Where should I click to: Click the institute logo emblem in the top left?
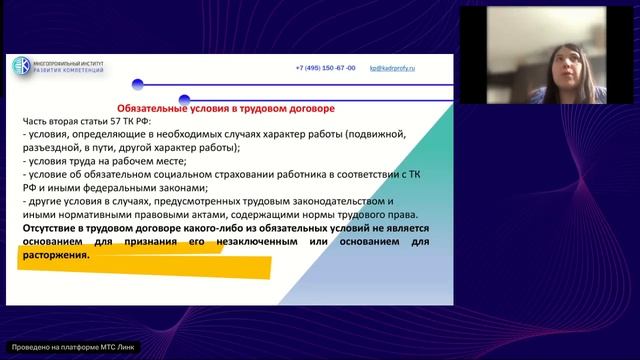point(22,66)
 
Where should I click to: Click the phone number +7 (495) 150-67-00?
point(325,68)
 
